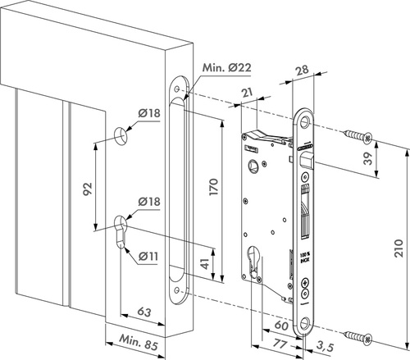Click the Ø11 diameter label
tap(148, 256)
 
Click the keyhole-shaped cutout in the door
tap(123, 229)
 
